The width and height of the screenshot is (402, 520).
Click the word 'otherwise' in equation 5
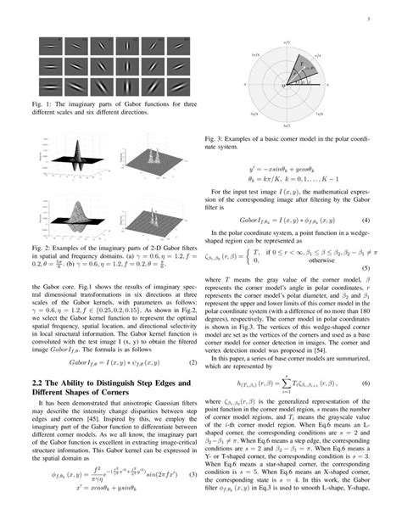282,260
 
